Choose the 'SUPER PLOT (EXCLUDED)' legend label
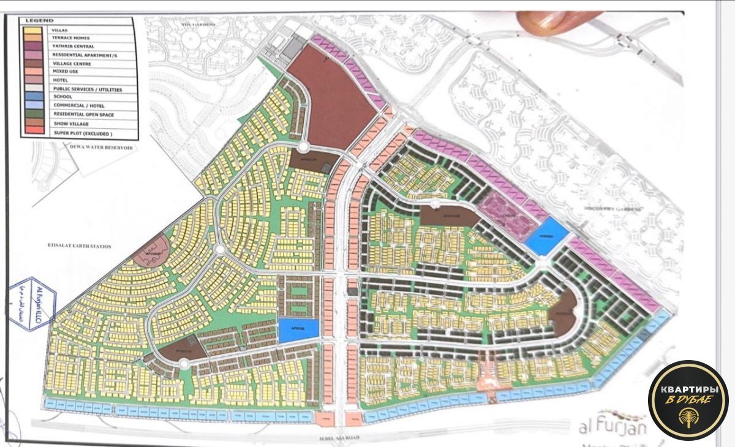[x=83, y=132]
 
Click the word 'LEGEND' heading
[x=36, y=21]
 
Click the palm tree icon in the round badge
[x=688, y=418]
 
